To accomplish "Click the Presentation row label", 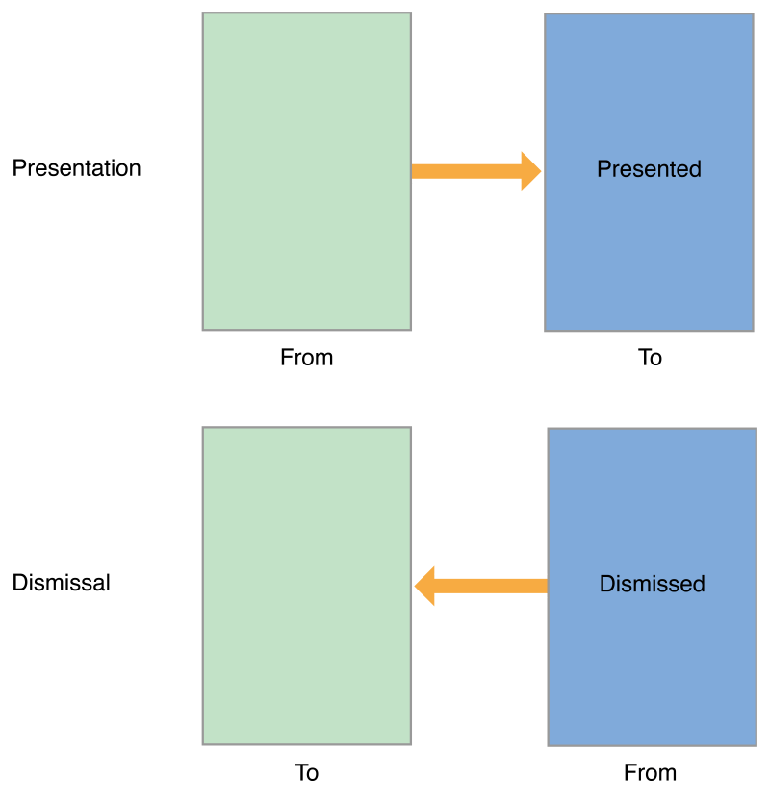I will pos(76,168).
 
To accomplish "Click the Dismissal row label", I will pos(61,583).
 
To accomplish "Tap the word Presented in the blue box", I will pos(649,169).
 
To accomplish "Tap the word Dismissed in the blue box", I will pos(652,584).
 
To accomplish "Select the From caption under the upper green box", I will pos(306,358).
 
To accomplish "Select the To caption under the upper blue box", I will pos(650,358).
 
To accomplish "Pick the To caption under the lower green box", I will pos(306,773).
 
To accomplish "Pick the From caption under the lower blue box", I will pos(650,773).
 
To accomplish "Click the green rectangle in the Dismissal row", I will pos(306,664).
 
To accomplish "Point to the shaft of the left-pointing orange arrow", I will pos(491,586).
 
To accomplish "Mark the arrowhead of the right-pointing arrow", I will pos(530,171).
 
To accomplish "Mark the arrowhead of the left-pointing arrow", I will pos(424,586).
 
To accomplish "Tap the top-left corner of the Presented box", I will pos(545,13).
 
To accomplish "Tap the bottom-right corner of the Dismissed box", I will pos(756,745).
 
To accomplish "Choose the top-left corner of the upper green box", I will pos(203,13).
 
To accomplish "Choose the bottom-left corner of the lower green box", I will pos(203,743).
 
